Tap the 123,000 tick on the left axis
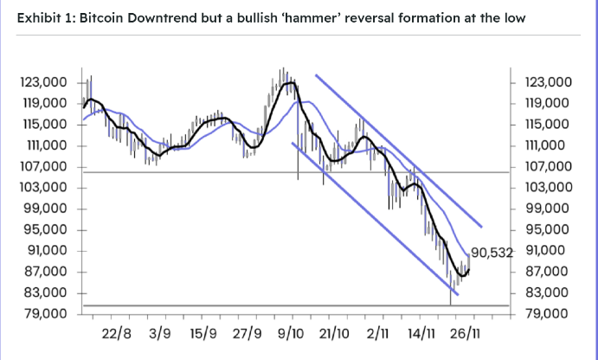42,82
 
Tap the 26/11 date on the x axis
466,333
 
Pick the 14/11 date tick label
423,333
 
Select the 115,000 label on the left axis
42,125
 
